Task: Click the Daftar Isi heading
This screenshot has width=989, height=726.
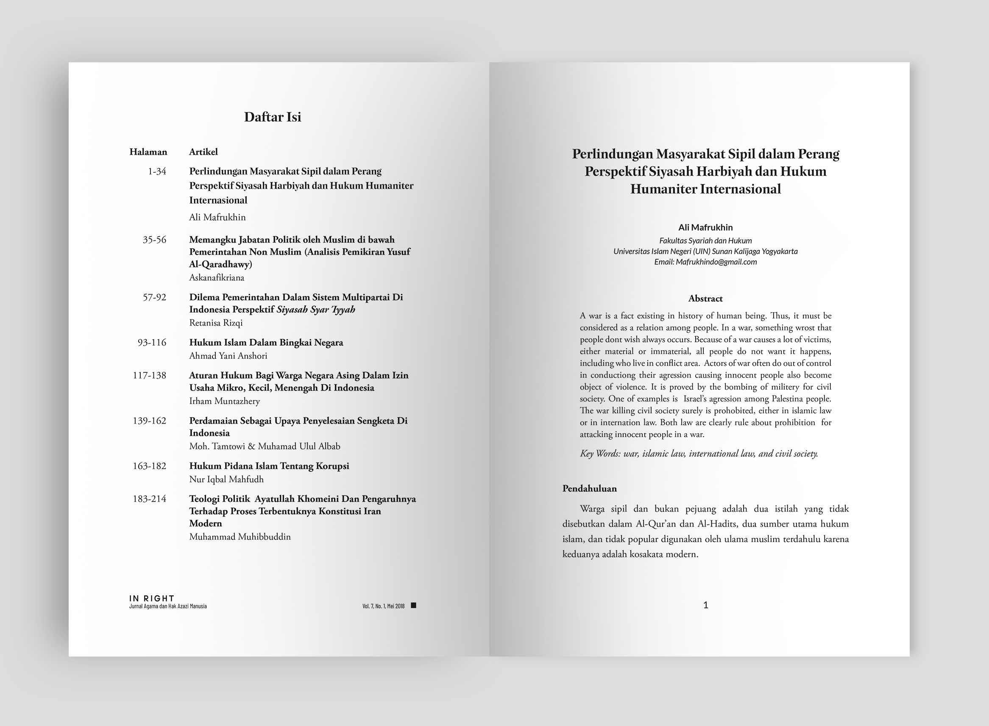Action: pyautogui.click(x=273, y=117)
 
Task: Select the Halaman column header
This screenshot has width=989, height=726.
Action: pyautogui.click(x=148, y=152)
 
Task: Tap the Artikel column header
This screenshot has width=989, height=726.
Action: pyautogui.click(x=203, y=152)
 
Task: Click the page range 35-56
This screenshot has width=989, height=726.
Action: pyautogui.click(x=154, y=240)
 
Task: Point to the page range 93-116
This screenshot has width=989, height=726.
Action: pyautogui.click(x=152, y=343)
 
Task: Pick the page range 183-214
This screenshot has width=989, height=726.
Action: pyautogui.click(x=150, y=499)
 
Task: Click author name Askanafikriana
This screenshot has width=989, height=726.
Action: pyautogui.click(x=216, y=278)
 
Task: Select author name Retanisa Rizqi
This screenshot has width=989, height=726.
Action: pyautogui.click(x=215, y=323)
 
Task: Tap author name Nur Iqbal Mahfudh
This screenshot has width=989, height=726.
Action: pyautogui.click(x=226, y=479)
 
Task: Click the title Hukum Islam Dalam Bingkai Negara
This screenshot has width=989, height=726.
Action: pyautogui.click(x=266, y=343)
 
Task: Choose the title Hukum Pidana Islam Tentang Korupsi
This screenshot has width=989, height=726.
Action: pyautogui.click(x=269, y=466)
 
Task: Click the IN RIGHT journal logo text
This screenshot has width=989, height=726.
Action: pyautogui.click(x=152, y=599)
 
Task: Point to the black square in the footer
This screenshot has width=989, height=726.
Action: pyautogui.click(x=413, y=606)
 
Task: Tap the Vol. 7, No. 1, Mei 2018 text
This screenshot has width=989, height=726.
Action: pyautogui.click(x=384, y=607)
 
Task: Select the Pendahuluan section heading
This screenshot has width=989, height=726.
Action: pyautogui.click(x=589, y=489)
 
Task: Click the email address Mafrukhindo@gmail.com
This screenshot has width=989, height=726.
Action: pyautogui.click(x=716, y=262)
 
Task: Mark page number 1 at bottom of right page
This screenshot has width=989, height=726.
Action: pyautogui.click(x=706, y=606)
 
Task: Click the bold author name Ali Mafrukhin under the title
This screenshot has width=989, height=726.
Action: pyautogui.click(x=705, y=227)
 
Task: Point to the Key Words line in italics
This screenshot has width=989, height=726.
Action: pyautogui.click(x=698, y=454)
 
